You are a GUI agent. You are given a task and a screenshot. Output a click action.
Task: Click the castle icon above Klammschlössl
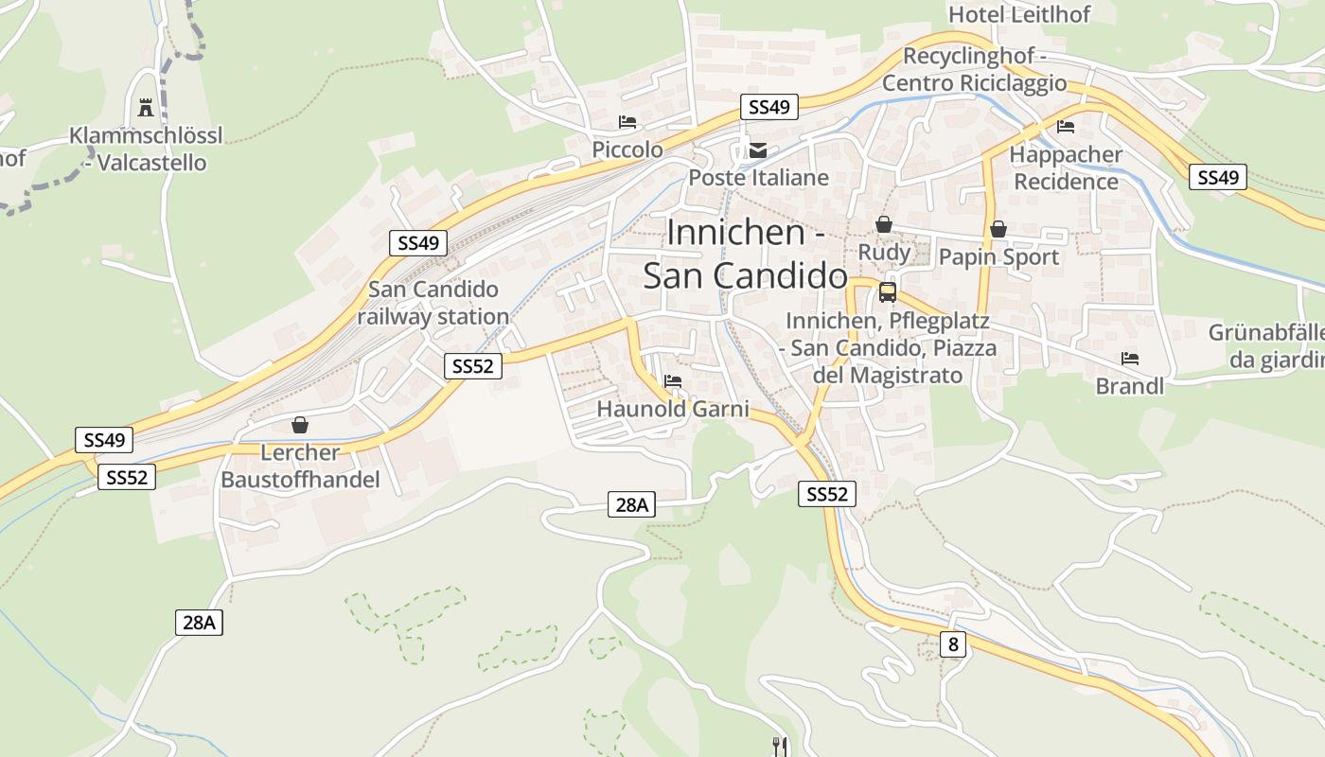click(x=146, y=107)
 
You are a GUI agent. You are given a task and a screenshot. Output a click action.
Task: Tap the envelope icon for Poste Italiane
click(x=758, y=150)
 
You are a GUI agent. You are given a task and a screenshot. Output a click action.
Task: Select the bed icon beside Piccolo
click(x=627, y=121)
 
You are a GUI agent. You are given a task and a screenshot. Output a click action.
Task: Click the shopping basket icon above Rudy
click(x=883, y=224)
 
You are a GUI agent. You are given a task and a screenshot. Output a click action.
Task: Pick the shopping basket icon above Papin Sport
click(x=998, y=229)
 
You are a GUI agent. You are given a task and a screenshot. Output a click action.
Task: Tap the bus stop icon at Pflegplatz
click(x=887, y=292)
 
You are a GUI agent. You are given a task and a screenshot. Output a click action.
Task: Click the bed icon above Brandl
click(x=1129, y=359)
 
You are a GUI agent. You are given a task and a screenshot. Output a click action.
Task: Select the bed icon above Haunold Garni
click(x=673, y=381)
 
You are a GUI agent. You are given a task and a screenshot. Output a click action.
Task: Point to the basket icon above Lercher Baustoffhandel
click(x=300, y=425)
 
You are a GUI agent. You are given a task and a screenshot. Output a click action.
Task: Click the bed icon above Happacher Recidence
click(x=1066, y=126)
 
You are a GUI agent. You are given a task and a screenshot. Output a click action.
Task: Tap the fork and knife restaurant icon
click(x=780, y=747)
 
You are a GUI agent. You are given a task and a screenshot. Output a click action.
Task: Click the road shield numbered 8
click(x=953, y=644)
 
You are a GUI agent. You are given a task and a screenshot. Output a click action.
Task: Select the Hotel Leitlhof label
click(x=1019, y=14)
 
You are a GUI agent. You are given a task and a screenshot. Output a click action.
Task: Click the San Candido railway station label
click(x=433, y=303)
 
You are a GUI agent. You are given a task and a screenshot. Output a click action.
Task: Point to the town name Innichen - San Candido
click(x=746, y=254)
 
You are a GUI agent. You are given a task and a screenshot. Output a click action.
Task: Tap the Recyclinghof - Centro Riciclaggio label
click(x=974, y=69)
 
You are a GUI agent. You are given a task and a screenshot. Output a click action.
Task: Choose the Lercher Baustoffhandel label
click(x=300, y=466)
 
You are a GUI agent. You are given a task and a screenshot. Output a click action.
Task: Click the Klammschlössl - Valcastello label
click(x=146, y=149)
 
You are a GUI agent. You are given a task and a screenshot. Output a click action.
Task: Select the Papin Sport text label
click(x=998, y=256)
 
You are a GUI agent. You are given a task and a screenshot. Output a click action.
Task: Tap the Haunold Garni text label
click(x=672, y=409)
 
